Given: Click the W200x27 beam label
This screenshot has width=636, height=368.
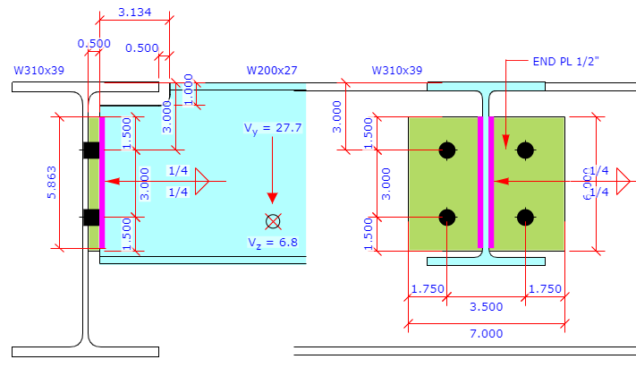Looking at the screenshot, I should click(x=272, y=69).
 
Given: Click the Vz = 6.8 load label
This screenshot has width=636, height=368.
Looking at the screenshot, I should click(x=273, y=242).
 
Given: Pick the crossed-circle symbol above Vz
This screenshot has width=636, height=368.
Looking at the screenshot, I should click(x=273, y=220).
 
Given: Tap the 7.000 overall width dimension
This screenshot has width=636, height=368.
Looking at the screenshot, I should click(x=486, y=333).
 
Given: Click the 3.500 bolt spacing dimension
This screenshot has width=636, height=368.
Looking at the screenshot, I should click(x=486, y=305).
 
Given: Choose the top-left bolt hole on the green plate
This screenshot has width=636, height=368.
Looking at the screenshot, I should click(x=447, y=150).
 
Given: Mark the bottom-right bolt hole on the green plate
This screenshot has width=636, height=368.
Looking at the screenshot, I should click(x=525, y=217).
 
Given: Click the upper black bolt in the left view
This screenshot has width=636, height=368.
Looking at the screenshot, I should click(x=90, y=150).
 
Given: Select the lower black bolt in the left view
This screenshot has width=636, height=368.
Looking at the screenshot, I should click(x=90, y=217).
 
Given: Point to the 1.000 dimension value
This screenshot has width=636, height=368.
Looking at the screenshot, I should click(x=189, y=90).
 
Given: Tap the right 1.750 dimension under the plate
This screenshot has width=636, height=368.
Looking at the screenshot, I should click(x=544, y=288).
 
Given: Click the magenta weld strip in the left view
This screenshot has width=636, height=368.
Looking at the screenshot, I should click(x=102, y=183).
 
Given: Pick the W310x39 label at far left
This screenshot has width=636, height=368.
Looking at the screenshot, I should click(x=38, y=69).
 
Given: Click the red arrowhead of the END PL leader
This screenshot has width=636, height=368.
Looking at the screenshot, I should click(x=505, y=140).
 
